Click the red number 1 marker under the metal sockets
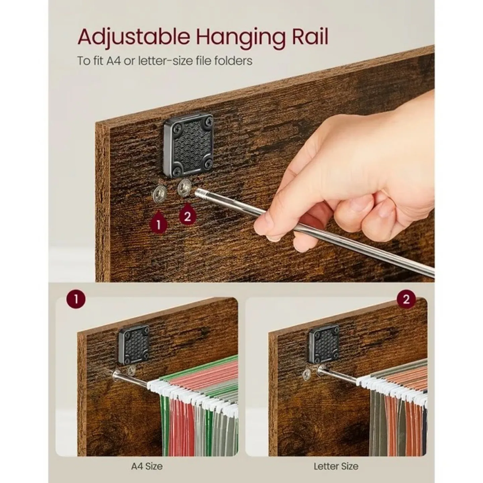pyautogui.click(x=158, y=223)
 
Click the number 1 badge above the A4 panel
pyautogui.click(x=76, y=299)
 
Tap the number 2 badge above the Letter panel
pyautogui.click(x=406, y=299)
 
